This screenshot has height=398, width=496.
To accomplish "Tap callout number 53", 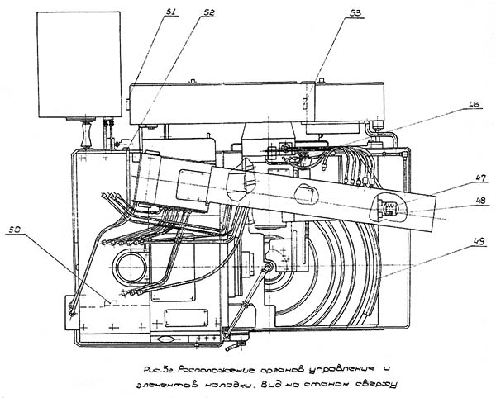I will tap(332, 13).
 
